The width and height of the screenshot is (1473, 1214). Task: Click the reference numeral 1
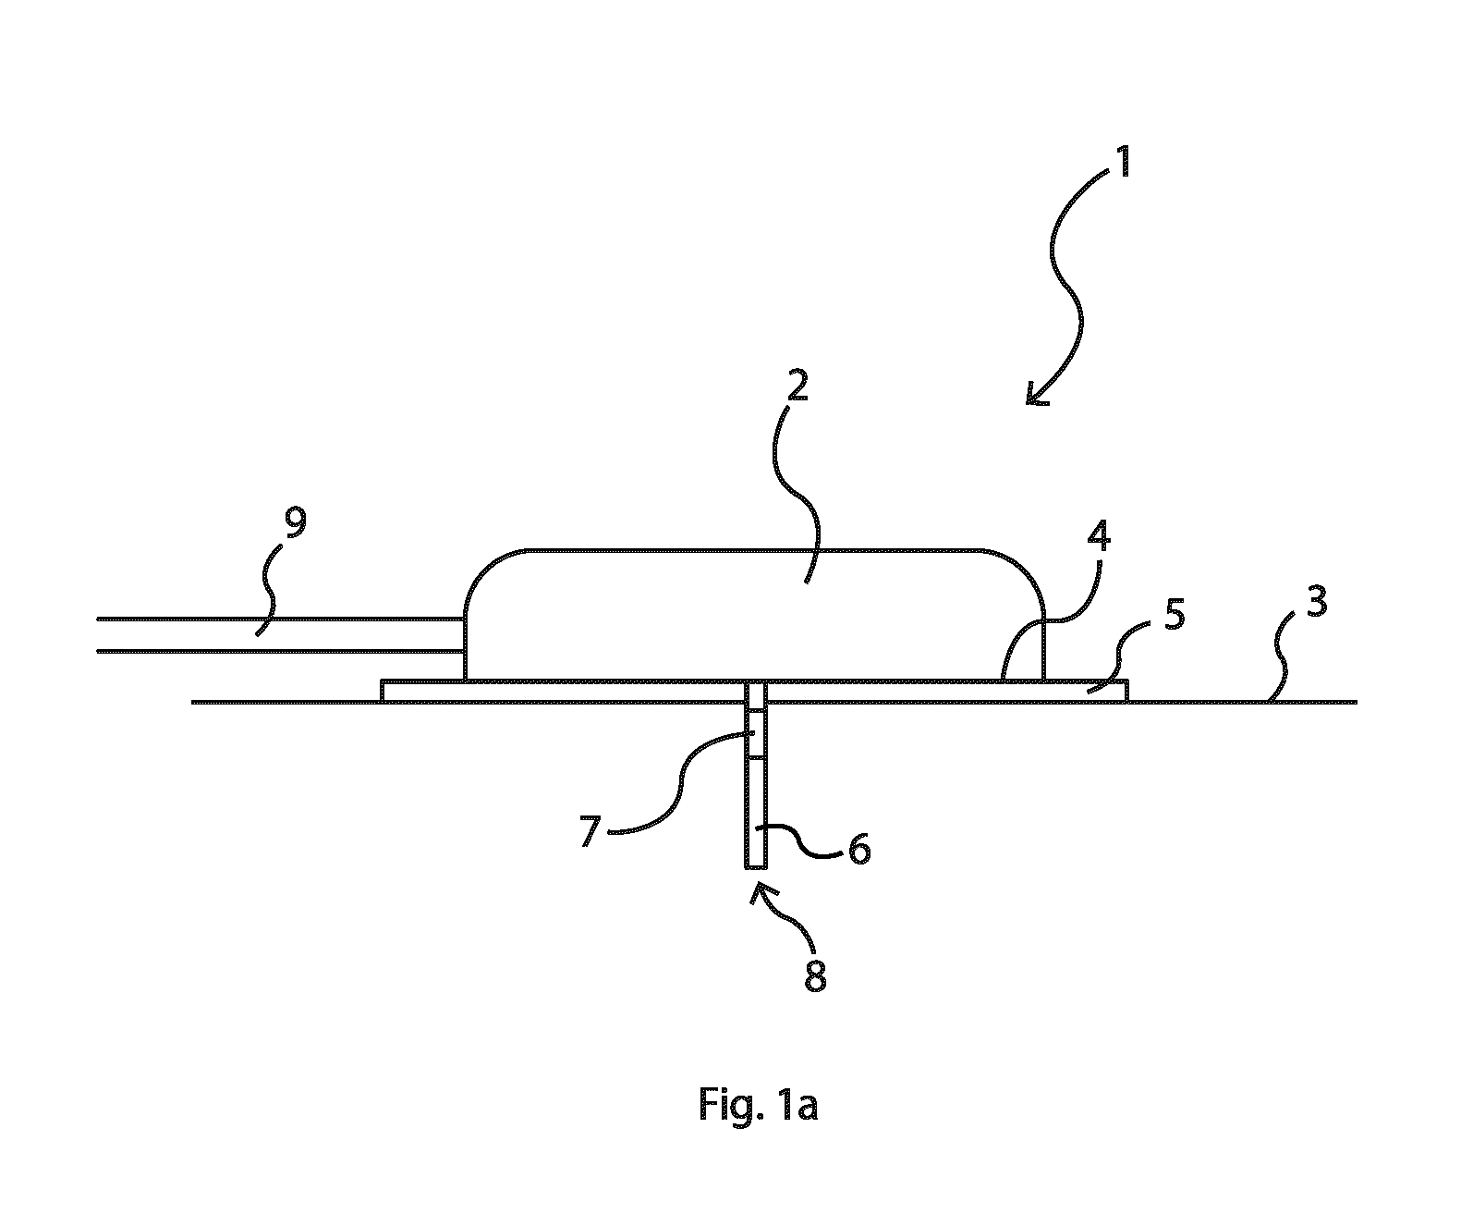tap(1123, 162)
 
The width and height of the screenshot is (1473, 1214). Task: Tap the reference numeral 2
tap(797, 386)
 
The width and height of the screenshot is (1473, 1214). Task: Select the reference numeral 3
tap(1317, 601)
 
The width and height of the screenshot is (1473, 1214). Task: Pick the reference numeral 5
tap(1175, 615)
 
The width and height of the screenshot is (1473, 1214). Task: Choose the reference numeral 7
tap(590, 831)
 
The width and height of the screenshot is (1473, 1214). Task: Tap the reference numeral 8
tap(815, 977)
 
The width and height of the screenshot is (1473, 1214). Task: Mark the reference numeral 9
tap(295, 523)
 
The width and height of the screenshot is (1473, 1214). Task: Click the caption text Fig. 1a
tap(759, 1105)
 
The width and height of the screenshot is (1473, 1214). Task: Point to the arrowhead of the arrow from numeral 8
tap(758, 894)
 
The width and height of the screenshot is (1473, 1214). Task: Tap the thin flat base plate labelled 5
tap(753, 691)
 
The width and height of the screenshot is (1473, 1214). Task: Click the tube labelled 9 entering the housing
tap(280, 635)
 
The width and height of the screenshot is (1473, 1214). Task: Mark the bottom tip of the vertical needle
tap(755, 868)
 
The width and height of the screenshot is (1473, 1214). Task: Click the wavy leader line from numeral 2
tap(797, 494)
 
